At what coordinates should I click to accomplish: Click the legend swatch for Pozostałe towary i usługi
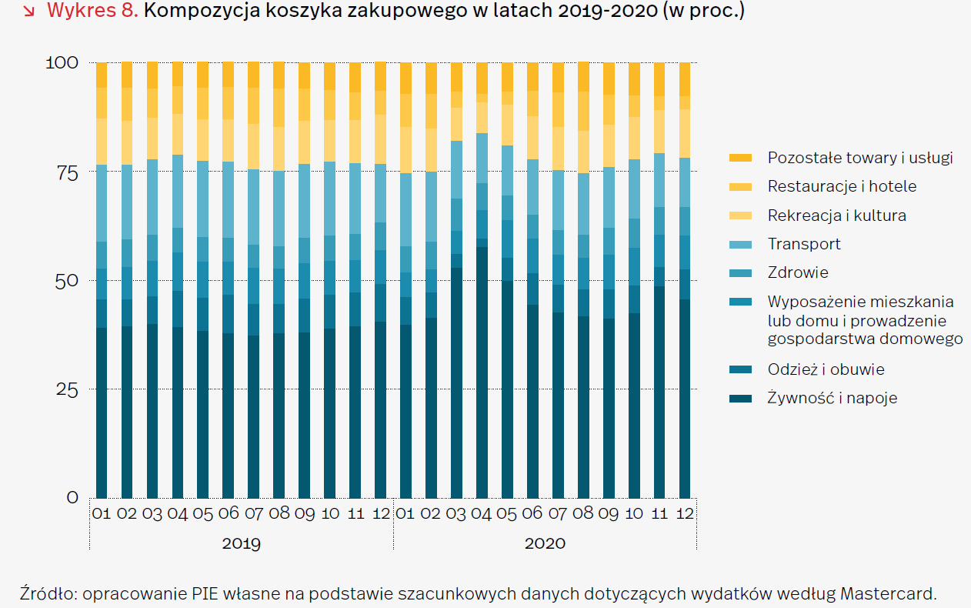point(739,158)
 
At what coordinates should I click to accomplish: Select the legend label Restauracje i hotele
point(842,186)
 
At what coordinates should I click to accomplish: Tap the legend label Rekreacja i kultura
point(836,215)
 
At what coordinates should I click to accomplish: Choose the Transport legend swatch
point(739,244)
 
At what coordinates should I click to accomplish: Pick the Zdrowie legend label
point(798,272)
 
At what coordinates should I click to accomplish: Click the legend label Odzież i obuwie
point(826,369)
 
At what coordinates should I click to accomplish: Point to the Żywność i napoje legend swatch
point(739,399)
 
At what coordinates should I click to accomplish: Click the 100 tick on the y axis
point(62,62)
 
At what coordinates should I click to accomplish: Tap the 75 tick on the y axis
point(66,172)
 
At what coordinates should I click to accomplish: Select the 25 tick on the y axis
point(66,389)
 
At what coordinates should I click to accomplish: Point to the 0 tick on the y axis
point(72,498)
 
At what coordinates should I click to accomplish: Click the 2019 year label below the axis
point(241,543)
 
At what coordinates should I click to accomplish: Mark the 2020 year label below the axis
point(545,543)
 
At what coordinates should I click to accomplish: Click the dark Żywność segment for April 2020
point(482,369)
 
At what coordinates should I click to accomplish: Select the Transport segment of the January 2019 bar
point(102,203)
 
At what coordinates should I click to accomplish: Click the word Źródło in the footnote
point(48,593)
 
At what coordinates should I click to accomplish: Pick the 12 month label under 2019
point(380,513)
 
